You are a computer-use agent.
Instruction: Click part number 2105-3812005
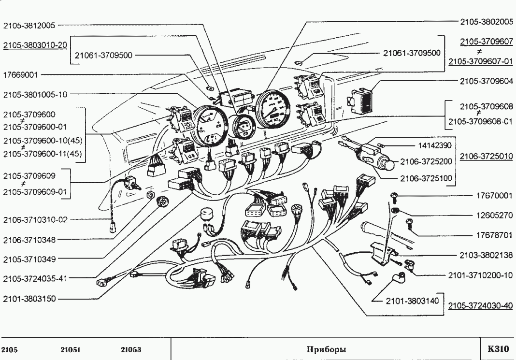pyautogui.click(x=29, y=25)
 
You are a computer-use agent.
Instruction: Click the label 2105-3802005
pyautogui.click(x=486, y=22)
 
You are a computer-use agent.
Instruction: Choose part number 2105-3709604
pyautogui.click(x=486, y=81)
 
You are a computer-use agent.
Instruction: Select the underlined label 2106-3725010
pyautogui.click(x=486, y=157)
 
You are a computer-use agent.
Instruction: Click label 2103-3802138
pyautogui.click(x=486, y=255)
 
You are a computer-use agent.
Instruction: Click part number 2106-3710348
pyautogui.click(x=29, y=239)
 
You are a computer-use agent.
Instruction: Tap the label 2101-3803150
pyautogui.click(x=29, y=299)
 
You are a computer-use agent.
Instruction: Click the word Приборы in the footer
pyautogui.click(x=326, y=349)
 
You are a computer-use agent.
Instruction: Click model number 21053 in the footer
pyautogui.click(x=131, y=349)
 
